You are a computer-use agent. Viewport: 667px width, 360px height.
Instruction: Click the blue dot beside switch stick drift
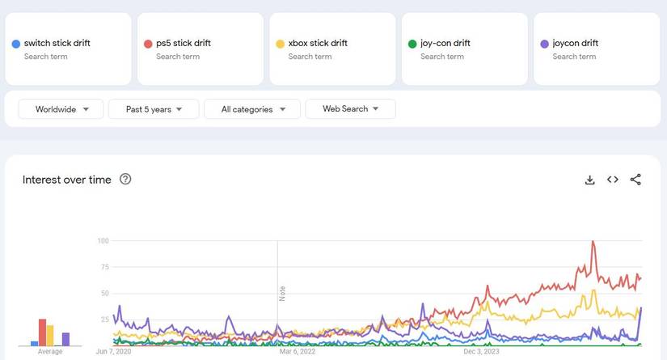click(16, 44)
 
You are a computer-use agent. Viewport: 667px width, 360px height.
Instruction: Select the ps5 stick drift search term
click(183, 44)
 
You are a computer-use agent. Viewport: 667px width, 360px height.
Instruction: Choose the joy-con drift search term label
click(445, 44)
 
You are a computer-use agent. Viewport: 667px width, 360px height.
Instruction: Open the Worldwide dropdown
click(61, 109)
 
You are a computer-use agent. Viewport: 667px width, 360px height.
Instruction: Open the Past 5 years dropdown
click(154, 109)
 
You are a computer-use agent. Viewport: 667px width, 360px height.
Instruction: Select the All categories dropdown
click(252, 109)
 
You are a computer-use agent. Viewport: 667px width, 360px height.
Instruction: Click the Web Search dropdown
click(350, 109)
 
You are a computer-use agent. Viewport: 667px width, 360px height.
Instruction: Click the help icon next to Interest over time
click(125, 180)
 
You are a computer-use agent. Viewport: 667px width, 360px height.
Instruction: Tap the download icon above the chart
click(590, 180)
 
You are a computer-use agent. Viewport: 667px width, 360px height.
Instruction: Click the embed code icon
click(613, 180)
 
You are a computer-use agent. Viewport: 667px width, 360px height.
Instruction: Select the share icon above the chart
click(635, 180)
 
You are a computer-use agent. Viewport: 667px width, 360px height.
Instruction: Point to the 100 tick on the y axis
click(103, 241)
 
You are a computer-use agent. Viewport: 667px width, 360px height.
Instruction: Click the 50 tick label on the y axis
click(104, 294)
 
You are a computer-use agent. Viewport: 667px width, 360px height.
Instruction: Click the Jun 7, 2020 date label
click(113, 352)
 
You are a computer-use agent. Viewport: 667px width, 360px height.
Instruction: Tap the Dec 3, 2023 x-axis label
click(482, 352)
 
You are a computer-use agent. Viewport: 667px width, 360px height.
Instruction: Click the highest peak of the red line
click(593, 242)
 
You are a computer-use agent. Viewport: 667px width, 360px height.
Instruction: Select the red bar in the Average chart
click(42, 332)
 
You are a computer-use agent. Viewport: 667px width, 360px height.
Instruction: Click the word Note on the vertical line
click(282, 294)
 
